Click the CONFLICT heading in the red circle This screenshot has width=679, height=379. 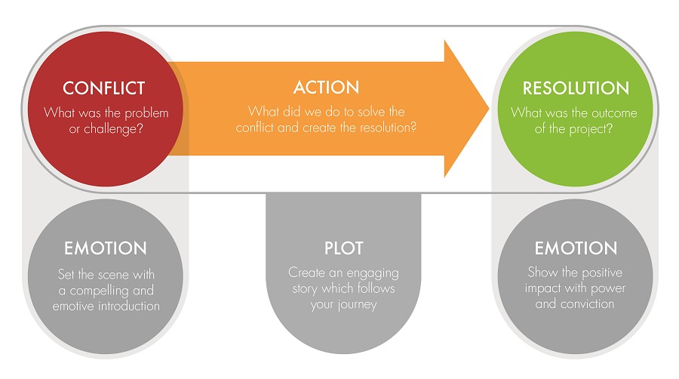[103, 88]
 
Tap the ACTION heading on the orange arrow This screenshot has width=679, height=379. [326, 88]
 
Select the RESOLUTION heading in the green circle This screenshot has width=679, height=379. [576, 88]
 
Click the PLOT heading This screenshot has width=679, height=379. [343, 248]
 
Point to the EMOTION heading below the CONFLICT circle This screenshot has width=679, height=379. [106, 248]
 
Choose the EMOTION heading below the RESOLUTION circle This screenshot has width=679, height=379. [576, 248]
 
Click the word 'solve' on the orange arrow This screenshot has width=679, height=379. [356, 112]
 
